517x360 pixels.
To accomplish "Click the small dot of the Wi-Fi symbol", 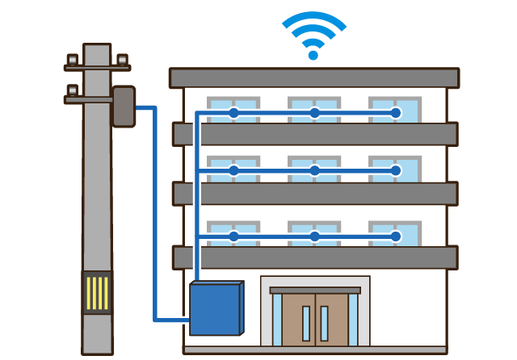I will click(313, 56).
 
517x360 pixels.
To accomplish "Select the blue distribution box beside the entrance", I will click(215, 308).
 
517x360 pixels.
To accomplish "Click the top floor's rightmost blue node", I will click(395, 113).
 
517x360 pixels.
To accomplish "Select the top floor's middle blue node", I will click(314, 113).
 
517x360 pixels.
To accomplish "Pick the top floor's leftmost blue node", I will click(233, 113).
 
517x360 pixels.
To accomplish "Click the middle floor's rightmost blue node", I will click(395, 170).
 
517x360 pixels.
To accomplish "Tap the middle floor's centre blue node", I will click(314, 170).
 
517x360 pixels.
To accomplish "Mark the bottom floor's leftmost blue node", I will click(233, 237).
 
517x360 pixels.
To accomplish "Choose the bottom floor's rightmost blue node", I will click(395, 237).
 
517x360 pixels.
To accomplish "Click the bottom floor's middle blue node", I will click(314, 237).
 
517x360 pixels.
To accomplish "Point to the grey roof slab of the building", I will click(313, 77).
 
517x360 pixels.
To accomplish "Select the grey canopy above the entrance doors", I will click(315, 290).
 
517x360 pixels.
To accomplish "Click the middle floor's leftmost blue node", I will click(233, 170).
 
